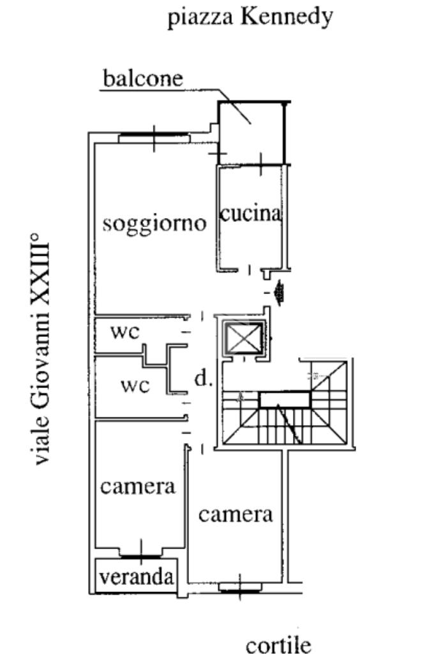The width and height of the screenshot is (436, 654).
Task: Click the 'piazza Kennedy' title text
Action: [x=250, y=17]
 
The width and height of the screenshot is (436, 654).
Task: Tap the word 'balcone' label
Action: [x=143, y=79]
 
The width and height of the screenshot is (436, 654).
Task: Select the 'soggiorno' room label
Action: [x=155, y=224]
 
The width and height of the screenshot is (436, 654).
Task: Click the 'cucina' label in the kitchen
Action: [x=250, y=214]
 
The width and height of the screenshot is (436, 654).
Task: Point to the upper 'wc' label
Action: [x=124, y=332]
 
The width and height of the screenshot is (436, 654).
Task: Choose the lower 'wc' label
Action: [x=135, y=386]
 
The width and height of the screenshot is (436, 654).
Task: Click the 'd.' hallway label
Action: [x=202, y=380]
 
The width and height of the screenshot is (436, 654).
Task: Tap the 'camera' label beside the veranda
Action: [x=138, y=487]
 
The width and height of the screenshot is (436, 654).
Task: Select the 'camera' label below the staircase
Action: [x=236, y=514]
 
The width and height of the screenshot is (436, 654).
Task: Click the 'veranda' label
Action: [x=137, y=577]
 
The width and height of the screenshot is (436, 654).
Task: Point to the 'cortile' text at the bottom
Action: [x=278, y=644]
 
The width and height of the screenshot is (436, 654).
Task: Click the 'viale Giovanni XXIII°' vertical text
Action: [x=40, y=350]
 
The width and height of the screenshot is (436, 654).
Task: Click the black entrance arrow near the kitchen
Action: [x=278, y=293]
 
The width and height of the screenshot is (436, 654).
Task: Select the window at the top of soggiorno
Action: [x=154, y=135]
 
